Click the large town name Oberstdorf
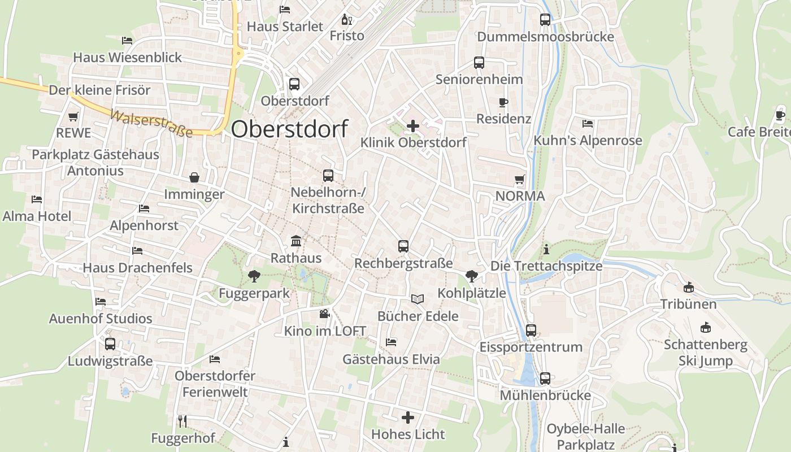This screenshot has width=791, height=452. click(x=289, y=129)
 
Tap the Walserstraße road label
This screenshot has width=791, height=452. click(x=151, y=123)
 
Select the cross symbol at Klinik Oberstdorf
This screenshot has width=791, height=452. click(x=413, y=125)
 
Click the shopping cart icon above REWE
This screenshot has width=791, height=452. click(x=73, y=117)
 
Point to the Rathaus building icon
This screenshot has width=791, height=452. click(x=295, y=241)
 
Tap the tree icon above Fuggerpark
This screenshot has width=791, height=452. click(x=254, y=276)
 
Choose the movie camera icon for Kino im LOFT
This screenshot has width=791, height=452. click(x=324, y=314)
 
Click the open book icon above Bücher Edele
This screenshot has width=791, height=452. click(x=418, y=299)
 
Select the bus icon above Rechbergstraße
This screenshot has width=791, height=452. click(x=403, y=246)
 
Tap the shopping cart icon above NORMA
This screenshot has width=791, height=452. click(x=520, y=180)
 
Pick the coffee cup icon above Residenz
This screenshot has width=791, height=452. click(x=503, y=102)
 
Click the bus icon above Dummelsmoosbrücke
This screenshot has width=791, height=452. click(x=545, y=20)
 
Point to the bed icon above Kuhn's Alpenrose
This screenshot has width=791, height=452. click(x=588, y=123)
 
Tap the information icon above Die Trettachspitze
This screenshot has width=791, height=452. click(x=546, y=249)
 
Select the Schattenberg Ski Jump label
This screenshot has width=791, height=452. click(x=705, y=353)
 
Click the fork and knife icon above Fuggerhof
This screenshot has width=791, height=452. click(x=182, y=421)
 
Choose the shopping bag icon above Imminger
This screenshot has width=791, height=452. click(x=194, y=177)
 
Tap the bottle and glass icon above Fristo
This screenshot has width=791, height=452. click(x=346, y=20)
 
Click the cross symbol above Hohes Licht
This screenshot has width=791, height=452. click(x=408, y=418)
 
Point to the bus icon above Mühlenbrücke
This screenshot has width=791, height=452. click(x=545, y=379)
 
